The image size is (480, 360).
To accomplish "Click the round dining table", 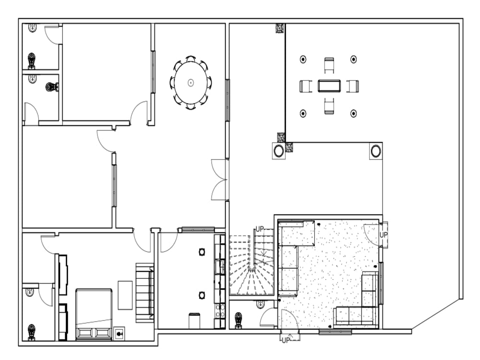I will (x=191, y=83).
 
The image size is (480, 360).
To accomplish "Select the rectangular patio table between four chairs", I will (x=329, y=86).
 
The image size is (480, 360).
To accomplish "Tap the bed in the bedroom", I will (x=94, y=314).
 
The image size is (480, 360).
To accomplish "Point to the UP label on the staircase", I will (x=260, y=229).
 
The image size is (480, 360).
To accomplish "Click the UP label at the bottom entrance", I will (x=286, y=340).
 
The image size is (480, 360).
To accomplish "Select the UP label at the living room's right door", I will (x=384, y=235).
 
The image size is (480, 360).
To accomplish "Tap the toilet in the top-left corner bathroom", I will (x=32, y=60).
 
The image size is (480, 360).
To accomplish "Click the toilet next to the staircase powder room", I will (x=238, y=320).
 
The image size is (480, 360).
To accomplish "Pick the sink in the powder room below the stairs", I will (x=261, y=304).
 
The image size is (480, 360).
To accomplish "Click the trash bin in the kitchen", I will (x=194, y=321).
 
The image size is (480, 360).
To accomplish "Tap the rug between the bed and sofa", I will (x=125, y=295).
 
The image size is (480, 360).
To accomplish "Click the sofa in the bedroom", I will (x=145, y=293).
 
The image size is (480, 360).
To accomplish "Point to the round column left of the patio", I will (x=278, y=151).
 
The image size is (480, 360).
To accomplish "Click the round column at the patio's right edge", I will (x=375, y=151).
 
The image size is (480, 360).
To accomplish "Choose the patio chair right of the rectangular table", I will (x=353, y=86).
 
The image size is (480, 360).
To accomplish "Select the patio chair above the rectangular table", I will (x=329, y=65).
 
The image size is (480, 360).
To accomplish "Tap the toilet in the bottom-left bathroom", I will (x=32, y=331).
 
